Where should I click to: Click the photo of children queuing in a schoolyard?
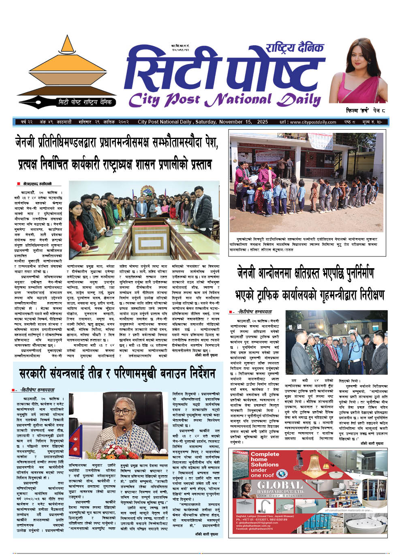[306, 183]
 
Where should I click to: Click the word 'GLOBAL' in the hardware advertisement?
[280, 485]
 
